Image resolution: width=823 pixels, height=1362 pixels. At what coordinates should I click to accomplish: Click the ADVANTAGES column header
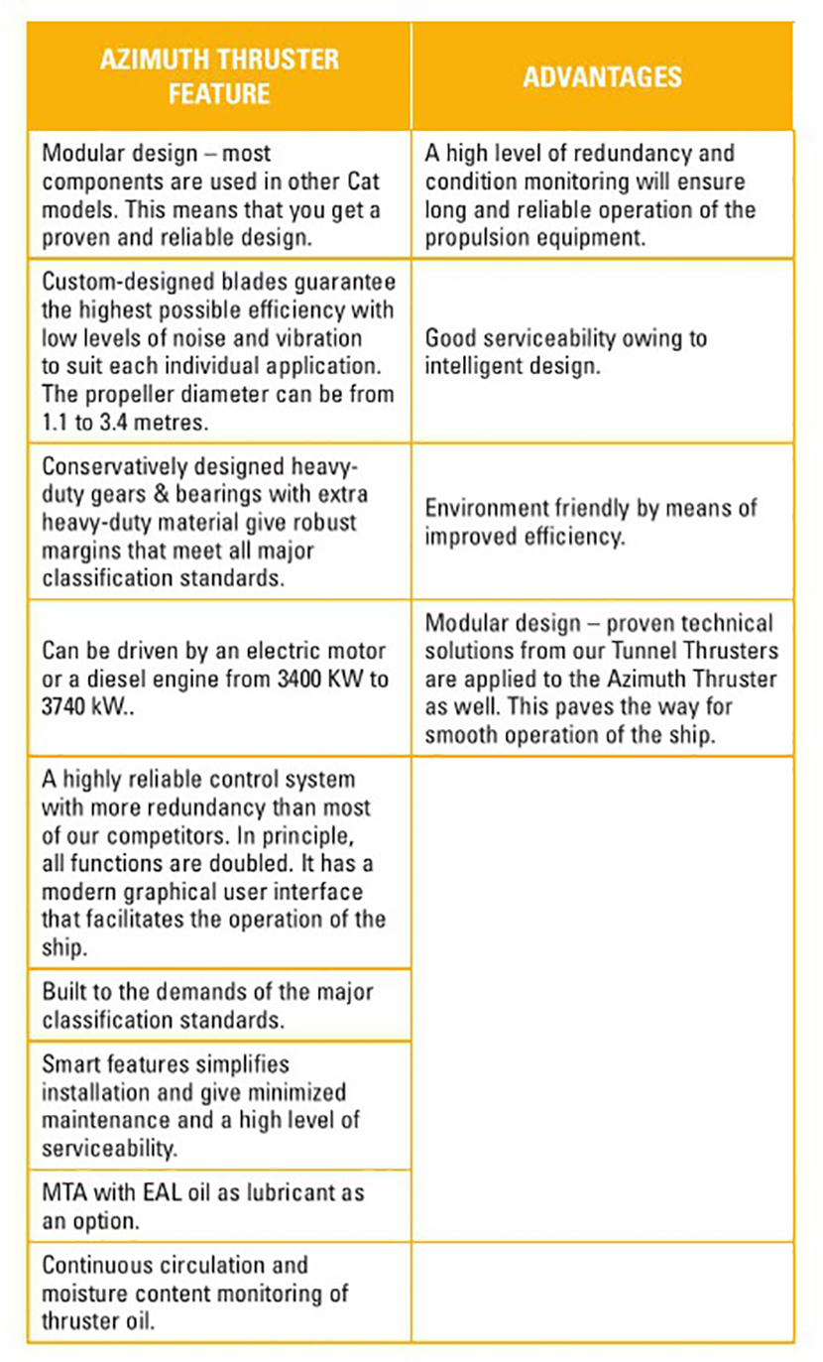point(602,77)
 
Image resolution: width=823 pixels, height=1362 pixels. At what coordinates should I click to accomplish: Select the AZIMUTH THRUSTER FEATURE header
point(219,76)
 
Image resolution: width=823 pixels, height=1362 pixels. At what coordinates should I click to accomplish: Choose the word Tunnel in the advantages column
point(656,651)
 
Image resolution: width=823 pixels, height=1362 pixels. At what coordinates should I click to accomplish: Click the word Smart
point(69,1063)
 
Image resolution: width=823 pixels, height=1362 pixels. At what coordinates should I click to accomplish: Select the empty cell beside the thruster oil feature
point(602,1293)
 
